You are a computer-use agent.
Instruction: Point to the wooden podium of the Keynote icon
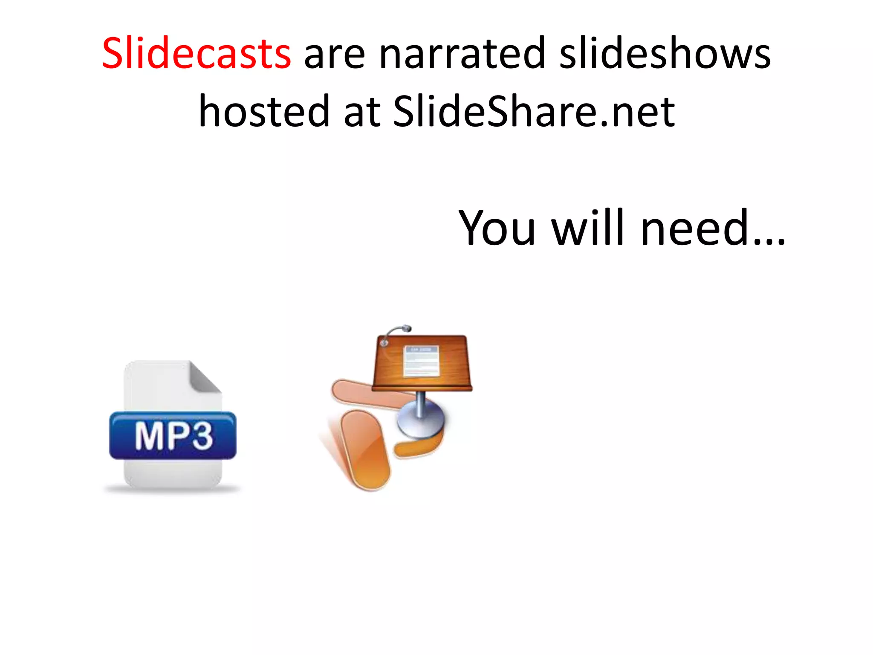point(422,362)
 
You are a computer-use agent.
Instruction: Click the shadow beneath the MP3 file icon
point(173,490)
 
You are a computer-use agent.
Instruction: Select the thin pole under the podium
point(420,403)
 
